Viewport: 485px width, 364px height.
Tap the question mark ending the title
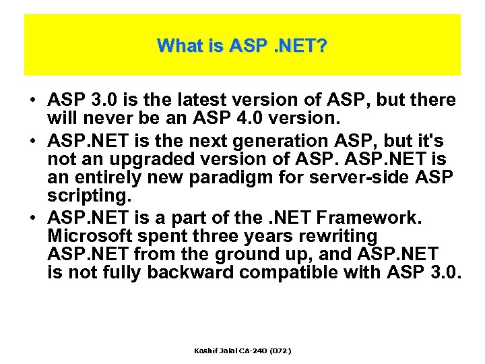pos(323,46)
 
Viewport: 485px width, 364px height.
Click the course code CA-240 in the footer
pos(251,351)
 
